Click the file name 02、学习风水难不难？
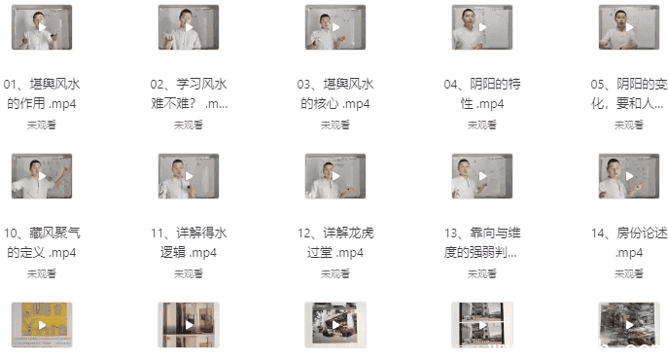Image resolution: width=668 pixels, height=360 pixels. click(x=189, y=93)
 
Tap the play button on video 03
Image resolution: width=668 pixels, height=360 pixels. click(x=335, y=27)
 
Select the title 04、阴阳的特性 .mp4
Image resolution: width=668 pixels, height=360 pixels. click(x=482, y=93)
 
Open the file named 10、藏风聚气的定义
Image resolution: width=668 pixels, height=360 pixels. click(x=42, y=242)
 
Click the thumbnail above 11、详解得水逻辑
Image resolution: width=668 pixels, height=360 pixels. click(x=189, y=177)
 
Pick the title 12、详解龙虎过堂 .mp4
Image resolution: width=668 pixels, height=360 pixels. click(x=335, y=242)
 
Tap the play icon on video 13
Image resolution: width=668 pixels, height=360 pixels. click(x=482, y=177)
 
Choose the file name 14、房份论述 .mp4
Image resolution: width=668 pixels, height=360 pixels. click(x=628, y=242)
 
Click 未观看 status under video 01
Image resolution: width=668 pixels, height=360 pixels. click(x=42, y=125)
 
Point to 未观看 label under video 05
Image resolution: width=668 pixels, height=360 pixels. click(x=628, y=125)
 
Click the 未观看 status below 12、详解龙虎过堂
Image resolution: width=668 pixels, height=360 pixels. click(x=335, y=273)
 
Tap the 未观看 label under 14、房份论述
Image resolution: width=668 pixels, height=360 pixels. click(x=628, y=273)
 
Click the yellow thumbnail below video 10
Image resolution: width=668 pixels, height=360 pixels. click(x=42, y=325)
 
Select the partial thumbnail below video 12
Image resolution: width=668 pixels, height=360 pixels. click(x=335, y=325)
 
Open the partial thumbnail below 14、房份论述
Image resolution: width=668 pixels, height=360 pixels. click(x=628, y=325)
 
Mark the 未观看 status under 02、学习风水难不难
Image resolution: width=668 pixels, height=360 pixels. click(x=189, y=125)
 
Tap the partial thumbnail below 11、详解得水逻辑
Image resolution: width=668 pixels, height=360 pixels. click(x=189, y=325)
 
